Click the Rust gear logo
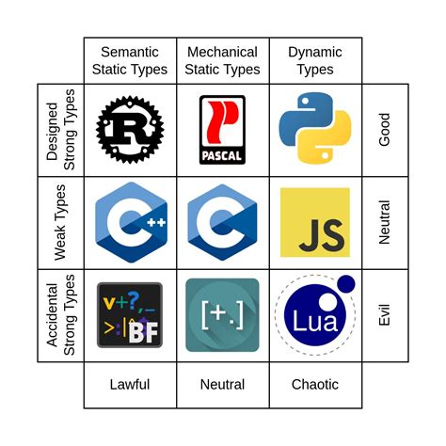(130, 130)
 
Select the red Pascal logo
(223, 130)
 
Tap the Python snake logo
(315, 130)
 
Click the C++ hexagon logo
(130, 222)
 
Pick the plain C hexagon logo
(223, 222)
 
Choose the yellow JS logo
(315, 222)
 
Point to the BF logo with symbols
(130, 316)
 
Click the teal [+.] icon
(223, 315)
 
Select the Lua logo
(311, 318)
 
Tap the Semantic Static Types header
(130, 60)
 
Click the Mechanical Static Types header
(223, 60)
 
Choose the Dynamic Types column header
(315, 60)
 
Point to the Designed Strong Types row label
(60, 130)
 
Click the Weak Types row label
(60, 222)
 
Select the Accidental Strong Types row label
(60, 315)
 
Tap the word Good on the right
(384, 130)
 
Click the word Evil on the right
(384, 315)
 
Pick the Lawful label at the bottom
(130, 384)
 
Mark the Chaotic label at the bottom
(315, 384)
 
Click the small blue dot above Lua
(345, 283)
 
